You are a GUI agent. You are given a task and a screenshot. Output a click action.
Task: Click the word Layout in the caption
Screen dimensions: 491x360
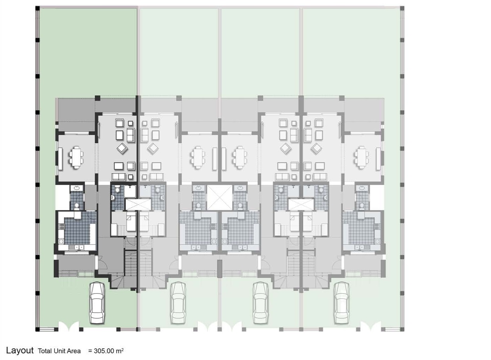tap(20, 350)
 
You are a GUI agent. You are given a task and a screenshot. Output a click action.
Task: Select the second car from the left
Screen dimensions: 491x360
tap(178, 303)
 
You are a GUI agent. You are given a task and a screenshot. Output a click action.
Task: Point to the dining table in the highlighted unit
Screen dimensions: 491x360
tap(76, 157)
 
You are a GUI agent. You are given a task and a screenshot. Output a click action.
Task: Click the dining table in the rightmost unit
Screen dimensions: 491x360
tap(361, 157)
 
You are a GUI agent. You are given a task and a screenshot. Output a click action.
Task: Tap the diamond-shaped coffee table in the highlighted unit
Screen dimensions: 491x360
tap(122, 148)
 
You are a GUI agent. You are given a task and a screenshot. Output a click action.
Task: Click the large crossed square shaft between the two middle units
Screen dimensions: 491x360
tap(220, 197)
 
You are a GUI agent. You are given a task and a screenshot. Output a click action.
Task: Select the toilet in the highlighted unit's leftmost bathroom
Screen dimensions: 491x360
tap(77, 206)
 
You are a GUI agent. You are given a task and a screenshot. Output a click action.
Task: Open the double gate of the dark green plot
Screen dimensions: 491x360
tap(68, 326)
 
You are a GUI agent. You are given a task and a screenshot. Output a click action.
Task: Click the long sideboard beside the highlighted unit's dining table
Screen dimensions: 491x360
tap(60, 159)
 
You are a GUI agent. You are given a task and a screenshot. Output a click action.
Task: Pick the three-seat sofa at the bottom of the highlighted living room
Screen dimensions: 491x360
tap(119, 177)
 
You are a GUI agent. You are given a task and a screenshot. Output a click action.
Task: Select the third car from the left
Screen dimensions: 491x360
tap(261, 303)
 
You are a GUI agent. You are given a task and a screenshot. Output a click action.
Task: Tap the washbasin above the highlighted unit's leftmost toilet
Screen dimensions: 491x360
tap(77, 188)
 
